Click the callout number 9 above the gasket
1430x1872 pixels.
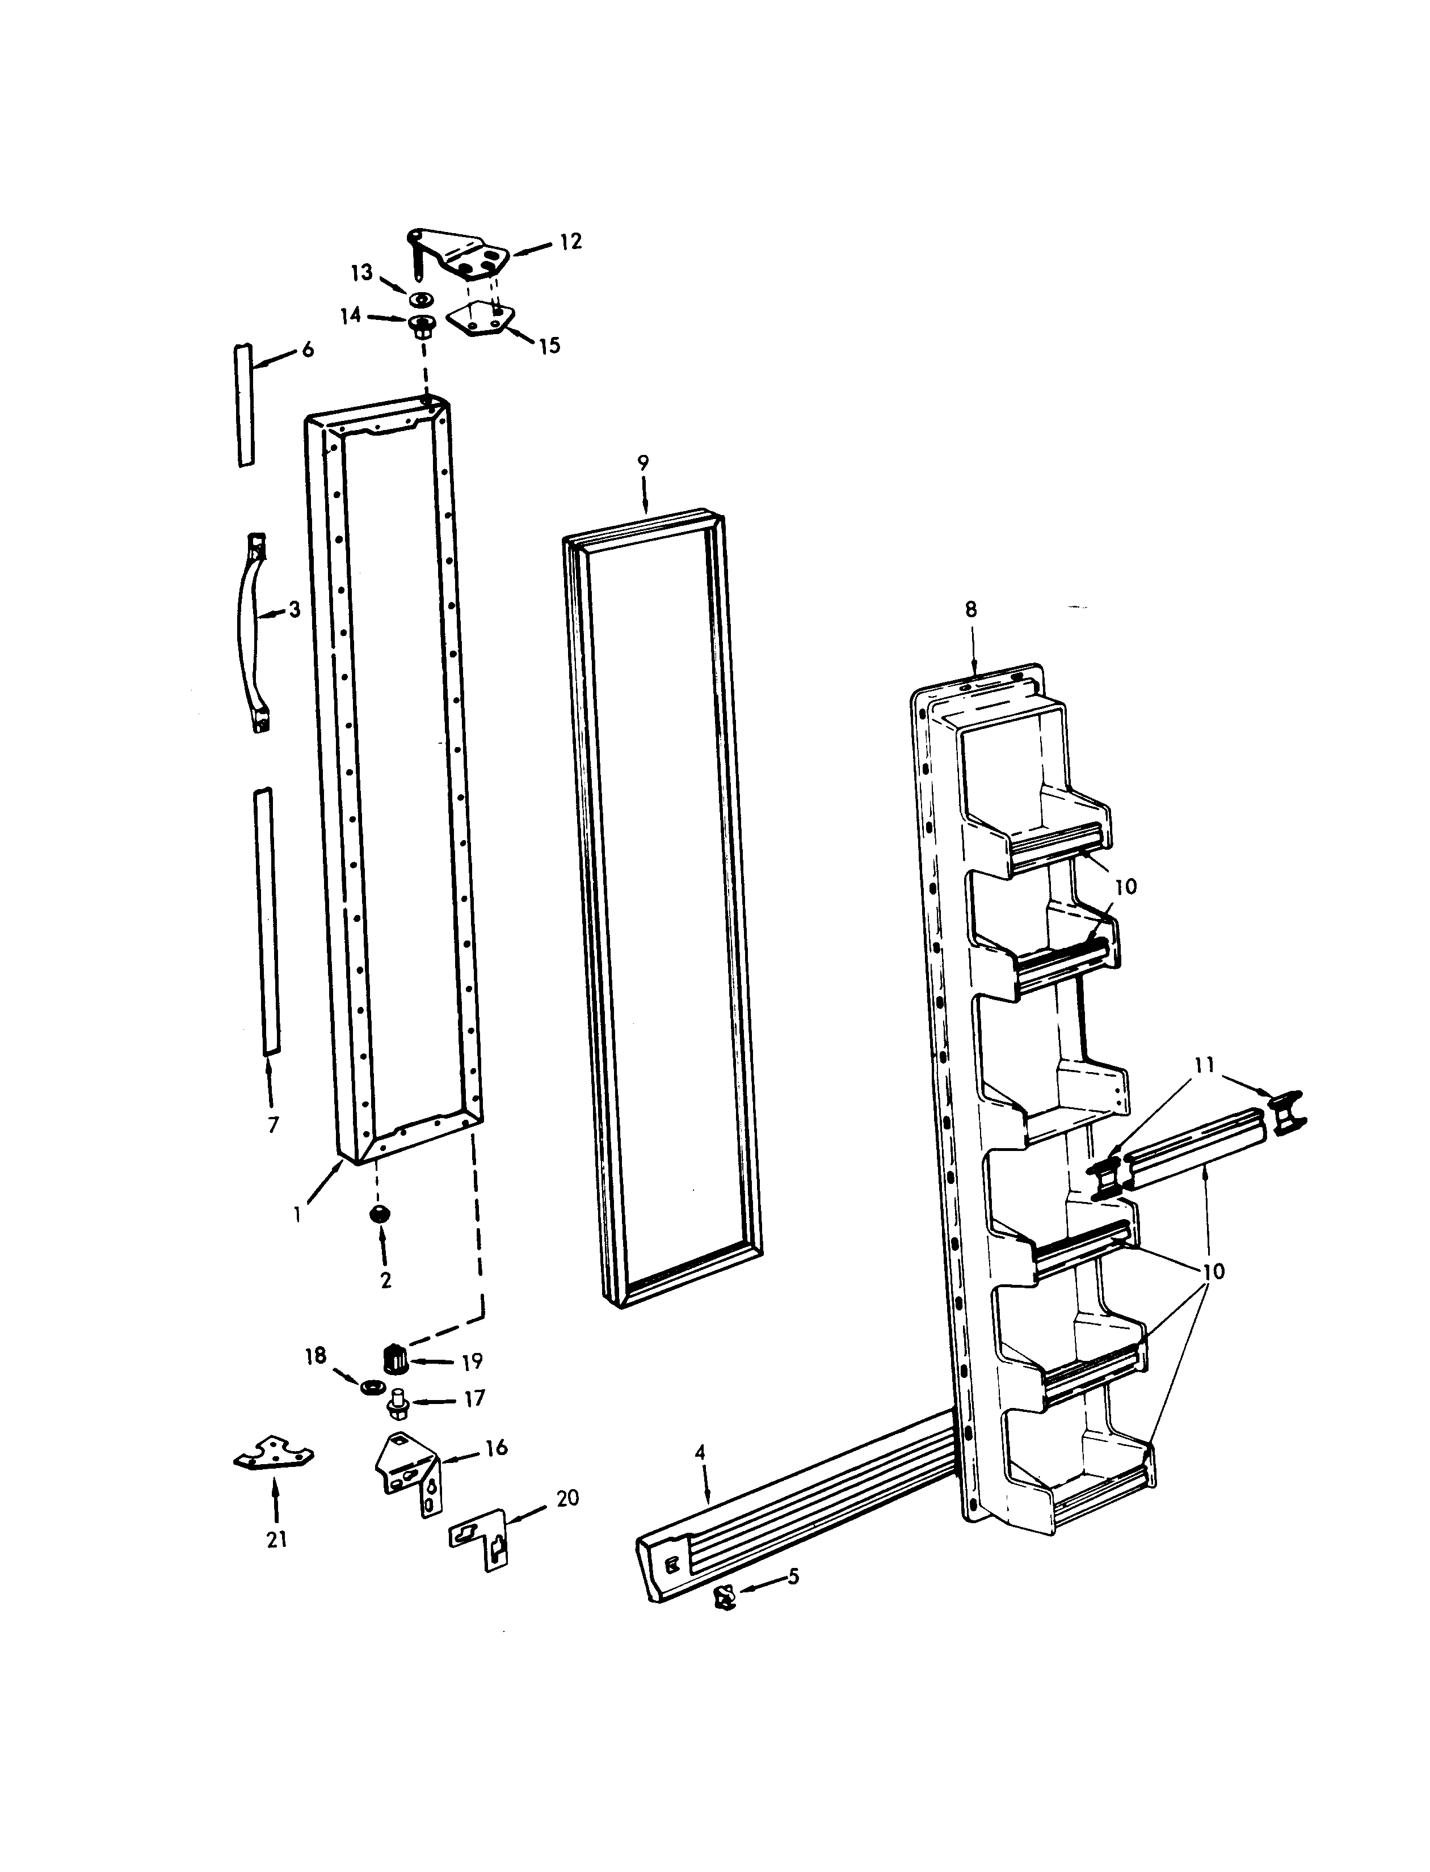[643, 463]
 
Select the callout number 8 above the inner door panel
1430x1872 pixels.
[971, 609]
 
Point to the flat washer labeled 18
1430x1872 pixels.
[371, 1387]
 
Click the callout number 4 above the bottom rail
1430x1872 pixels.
[700, 1452]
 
